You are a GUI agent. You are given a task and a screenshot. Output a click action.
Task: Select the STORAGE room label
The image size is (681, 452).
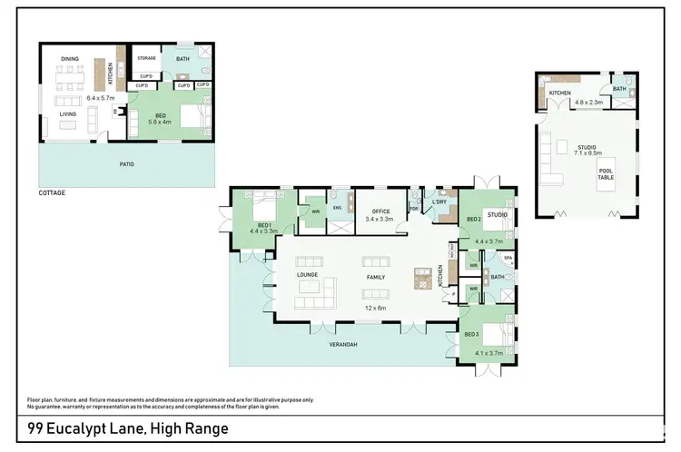click(x=147, y=58)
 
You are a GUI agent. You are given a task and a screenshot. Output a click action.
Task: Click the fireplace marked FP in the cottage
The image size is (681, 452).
click(x=114, y=112)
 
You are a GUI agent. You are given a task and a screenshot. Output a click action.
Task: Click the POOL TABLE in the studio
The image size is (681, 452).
click(x=607, y=174)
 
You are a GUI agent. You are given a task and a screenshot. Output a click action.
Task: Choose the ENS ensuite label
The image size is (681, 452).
click(x=337, y=208)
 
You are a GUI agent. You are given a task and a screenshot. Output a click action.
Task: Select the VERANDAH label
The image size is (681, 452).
click(x=342, y=345)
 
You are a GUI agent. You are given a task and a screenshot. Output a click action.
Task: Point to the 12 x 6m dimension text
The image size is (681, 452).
click(x=376, y=308)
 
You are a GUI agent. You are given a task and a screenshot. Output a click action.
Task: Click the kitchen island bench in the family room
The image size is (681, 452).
click(x=420, y=279)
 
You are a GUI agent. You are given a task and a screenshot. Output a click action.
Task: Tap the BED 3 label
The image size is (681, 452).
click(x=471, y=335)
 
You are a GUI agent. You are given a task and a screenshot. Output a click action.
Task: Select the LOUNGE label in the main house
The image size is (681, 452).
click(x=306, y=273)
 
